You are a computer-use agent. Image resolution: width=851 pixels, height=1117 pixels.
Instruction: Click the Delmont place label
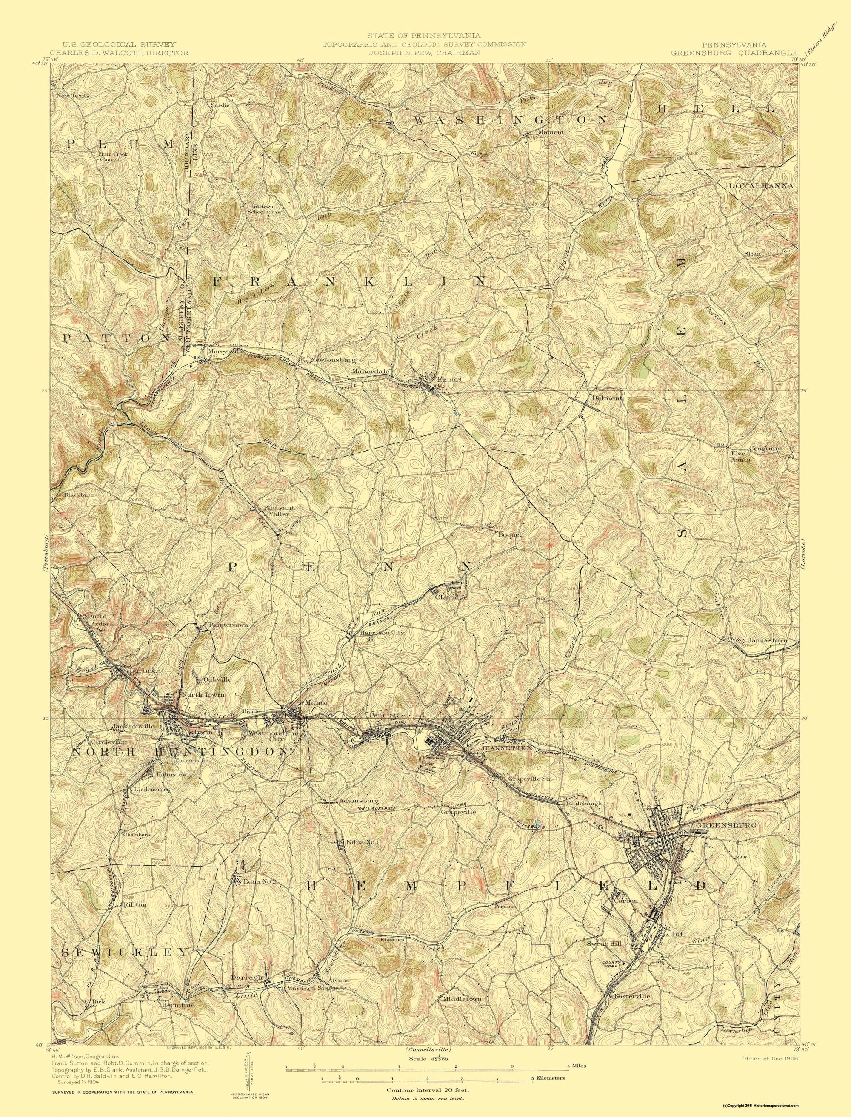606,398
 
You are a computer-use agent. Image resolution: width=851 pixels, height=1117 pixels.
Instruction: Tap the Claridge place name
450,597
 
